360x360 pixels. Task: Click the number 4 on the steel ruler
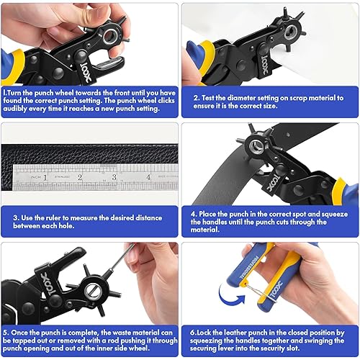[x=148, y=175]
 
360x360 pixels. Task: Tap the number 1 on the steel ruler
[x=45, y=175]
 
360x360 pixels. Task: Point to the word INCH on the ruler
[x=24, y=169]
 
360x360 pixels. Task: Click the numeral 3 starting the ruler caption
[x=15, y=215]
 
